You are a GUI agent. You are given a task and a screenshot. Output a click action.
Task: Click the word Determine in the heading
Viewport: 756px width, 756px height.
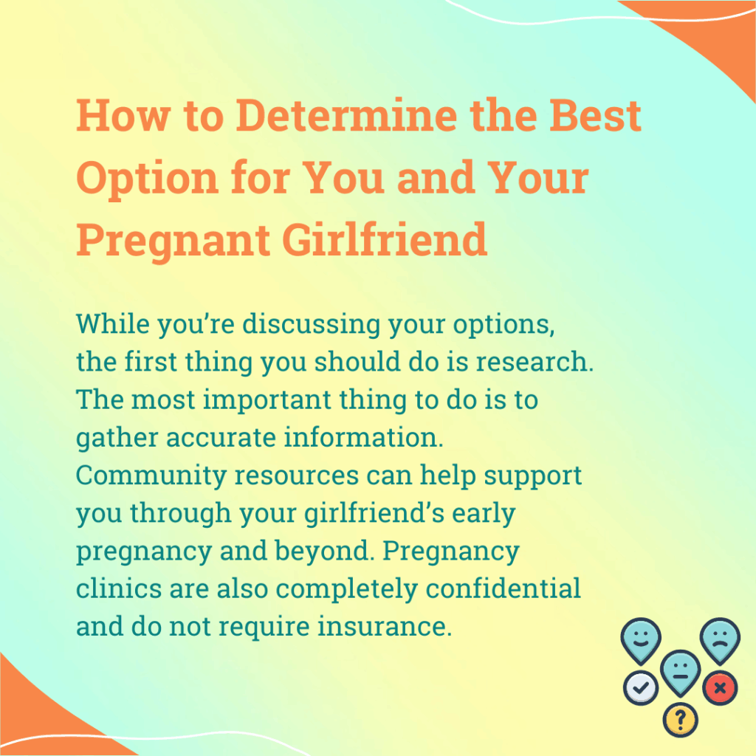click(x=347, y=115)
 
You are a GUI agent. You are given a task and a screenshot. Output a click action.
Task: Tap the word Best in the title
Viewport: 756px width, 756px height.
click(x=596, y=115)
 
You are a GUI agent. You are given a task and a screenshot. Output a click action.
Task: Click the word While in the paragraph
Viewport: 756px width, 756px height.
click(x=112, y=323)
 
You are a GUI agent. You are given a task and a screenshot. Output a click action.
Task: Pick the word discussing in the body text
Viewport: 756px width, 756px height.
click(x=311, y=324)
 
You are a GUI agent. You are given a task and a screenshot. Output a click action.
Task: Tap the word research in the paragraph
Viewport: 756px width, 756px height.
click(x=535, y=362)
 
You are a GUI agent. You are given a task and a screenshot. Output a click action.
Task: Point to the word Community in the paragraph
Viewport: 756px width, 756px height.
click(x=151, y=475)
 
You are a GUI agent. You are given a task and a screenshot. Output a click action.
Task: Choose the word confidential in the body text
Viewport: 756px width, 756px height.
click(x=503, y=588)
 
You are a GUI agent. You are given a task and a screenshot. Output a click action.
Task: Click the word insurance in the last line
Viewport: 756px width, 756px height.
click(x=384, y=626)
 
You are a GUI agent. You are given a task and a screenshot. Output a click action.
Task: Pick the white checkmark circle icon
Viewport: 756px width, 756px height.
click(x=640, y=688)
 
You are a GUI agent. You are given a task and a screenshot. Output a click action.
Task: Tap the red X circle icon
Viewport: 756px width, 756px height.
click(x=720, y=688)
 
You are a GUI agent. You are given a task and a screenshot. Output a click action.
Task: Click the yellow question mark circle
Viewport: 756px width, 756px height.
click(x=680, y=721)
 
